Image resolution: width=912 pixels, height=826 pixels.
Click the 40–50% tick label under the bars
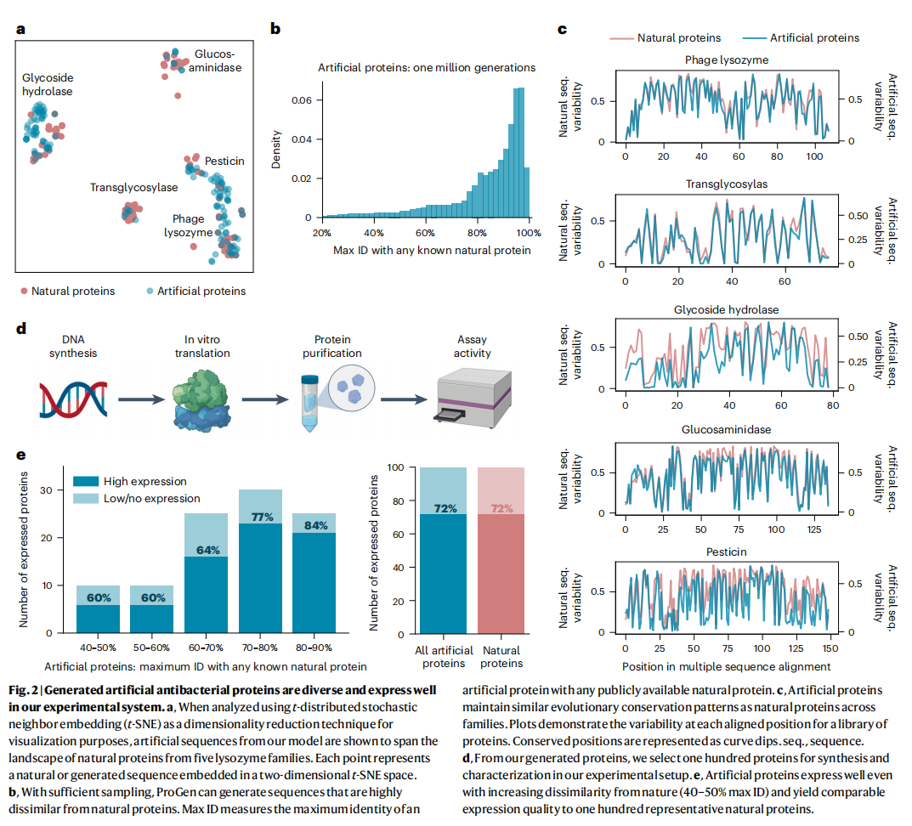tap(99, 647)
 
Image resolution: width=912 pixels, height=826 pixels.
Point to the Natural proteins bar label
tap(501, 656)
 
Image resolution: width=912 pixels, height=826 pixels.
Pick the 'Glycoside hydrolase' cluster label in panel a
tap(48, 84)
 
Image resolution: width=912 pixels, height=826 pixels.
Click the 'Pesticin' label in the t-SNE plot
tap(224, 161)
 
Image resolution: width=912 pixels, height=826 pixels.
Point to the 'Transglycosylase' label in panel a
tap(134, 187)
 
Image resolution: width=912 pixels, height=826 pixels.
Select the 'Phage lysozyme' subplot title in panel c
tap(727, 60)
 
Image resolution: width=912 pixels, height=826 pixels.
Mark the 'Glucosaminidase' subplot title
tap(727, 429)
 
